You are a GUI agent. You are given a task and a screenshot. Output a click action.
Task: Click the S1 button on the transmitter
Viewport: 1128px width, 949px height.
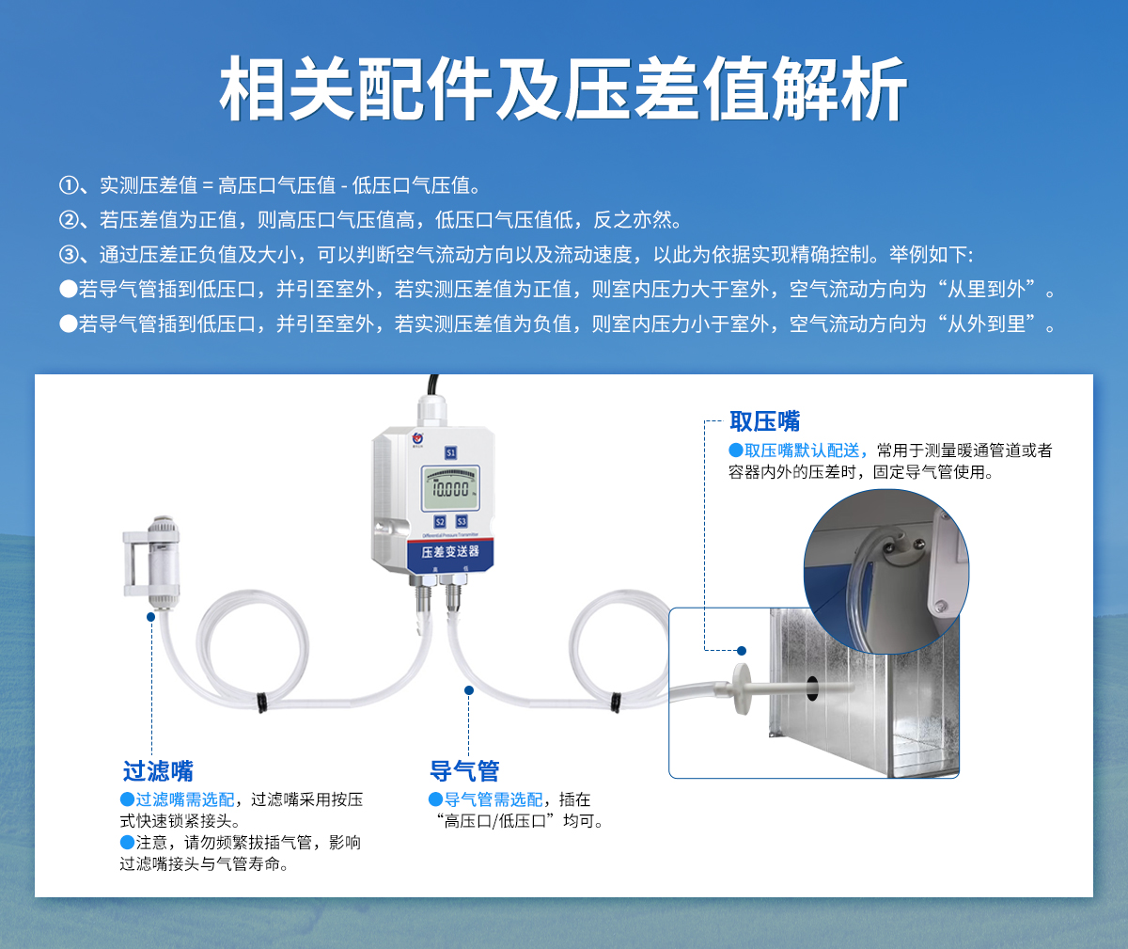(450, 452)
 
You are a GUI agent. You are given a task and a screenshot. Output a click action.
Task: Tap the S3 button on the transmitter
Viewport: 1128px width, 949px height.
(462, 521)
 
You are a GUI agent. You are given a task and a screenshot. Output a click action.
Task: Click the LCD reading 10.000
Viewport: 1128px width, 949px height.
(450, 489)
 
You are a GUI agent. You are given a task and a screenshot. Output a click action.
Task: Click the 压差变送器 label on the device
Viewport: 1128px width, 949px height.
(449, 551)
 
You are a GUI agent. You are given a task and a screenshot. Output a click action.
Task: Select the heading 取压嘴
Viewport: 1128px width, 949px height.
(764, 421)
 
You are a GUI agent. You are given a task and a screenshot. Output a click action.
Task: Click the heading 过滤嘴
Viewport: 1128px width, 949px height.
(158, 771)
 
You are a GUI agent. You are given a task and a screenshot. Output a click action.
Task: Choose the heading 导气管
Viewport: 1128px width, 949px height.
(464, 771)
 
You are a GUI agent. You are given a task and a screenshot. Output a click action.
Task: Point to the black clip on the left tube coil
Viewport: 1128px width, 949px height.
(261, 701)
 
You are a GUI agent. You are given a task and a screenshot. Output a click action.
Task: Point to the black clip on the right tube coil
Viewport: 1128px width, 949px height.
(616, 701)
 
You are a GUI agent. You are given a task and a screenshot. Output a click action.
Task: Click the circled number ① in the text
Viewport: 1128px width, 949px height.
(68, 185)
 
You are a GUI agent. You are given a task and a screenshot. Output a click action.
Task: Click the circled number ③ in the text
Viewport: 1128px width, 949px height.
(68, 254)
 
